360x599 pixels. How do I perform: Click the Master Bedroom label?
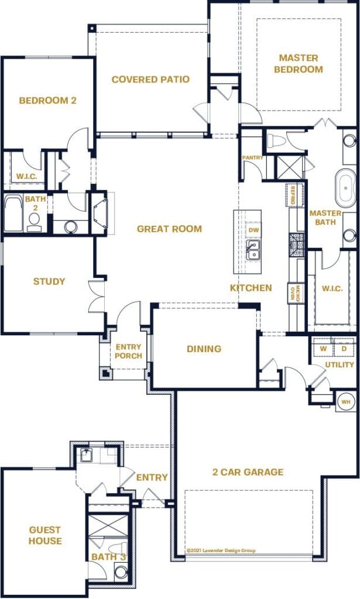299,64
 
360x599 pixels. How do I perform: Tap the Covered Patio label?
150,80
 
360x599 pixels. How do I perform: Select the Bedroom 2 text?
47,101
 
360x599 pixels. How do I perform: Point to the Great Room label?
169,229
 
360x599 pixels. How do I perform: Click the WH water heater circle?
346,402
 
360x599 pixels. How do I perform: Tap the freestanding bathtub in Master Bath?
345,188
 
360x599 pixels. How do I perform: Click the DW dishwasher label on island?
253,230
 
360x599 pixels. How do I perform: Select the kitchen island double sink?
253,252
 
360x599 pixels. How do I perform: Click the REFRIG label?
294,195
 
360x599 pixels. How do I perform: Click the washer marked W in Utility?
322,349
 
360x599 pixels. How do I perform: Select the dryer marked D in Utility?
344,349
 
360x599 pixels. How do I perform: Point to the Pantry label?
253,158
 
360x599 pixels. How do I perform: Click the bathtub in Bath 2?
13,214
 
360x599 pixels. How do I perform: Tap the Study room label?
49,281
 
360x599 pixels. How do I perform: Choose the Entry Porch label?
128,351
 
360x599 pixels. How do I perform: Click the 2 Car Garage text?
248,472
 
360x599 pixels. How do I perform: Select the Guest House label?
45,535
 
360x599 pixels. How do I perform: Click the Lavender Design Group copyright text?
221,550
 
